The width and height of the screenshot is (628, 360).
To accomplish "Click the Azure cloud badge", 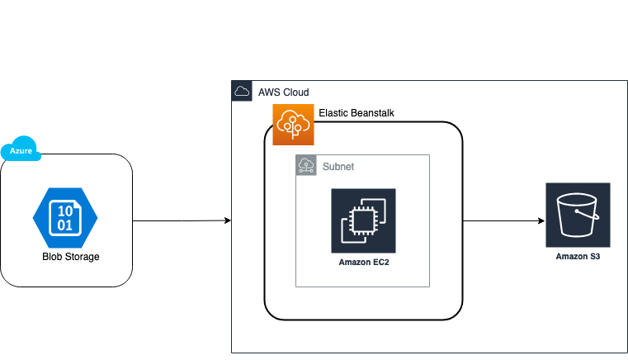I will pyautogui.click(x=22, y=149).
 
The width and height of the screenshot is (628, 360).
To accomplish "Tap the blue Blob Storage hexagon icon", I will pyautogui.click(x=65, y=218).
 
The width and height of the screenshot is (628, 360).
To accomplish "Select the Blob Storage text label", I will pyautogui.click(x=70, y=257).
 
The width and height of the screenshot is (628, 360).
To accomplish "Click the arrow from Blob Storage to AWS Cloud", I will pyautogui.click(x=181, y=220).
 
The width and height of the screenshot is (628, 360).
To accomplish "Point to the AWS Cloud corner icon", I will pyautogui.click(x=242, y=92).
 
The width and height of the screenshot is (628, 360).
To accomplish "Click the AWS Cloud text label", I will pyautogui.click(x=283, y=92).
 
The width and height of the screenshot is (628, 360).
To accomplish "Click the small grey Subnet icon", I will pyautogui.click(x=306, y=165).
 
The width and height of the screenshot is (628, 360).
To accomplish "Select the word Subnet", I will pyautogui.click(x=338, y=166).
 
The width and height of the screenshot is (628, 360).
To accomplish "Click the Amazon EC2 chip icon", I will pyautogui.click(x=363, y=220).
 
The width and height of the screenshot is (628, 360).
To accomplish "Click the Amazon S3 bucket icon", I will pyautogui.click(x=578, y=216).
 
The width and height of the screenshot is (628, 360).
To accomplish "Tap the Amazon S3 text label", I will pyautogui.click(x=578, y=257).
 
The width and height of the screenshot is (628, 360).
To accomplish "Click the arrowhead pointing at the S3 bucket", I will pyautogui.click(x=541, y=220).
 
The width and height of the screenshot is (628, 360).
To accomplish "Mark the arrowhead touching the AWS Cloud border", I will pyautogui.click(x=227, y=220).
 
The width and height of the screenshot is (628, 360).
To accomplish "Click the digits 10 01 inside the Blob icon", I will pyautogui.click(x=64, y=218).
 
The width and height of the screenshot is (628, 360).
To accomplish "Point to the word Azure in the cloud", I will pyautogui.click(x=21, y=151).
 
